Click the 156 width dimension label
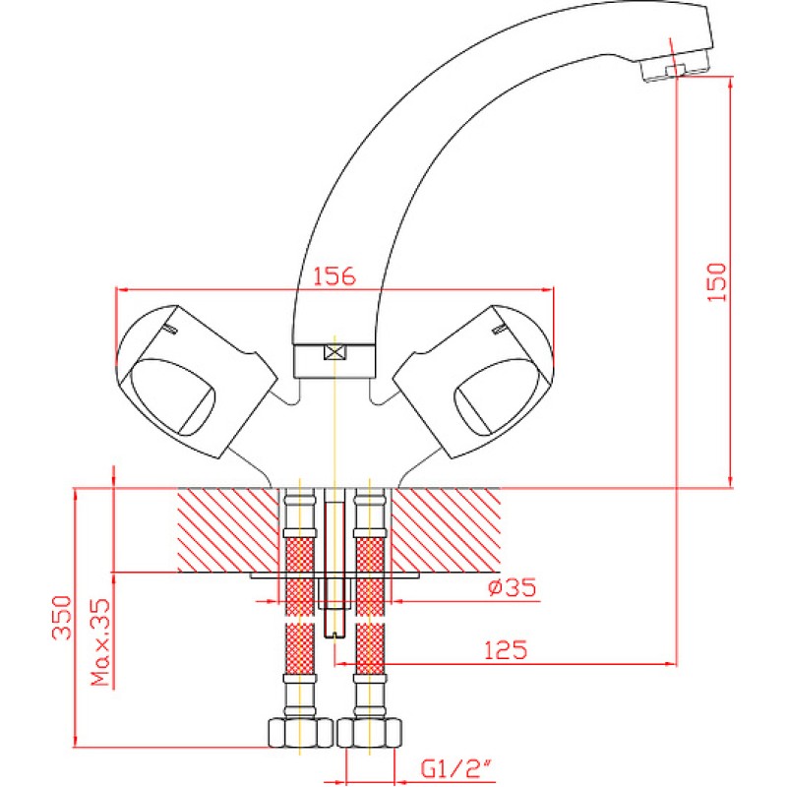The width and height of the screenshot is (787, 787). coord(333,276)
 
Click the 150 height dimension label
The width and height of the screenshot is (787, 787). coord(717,282)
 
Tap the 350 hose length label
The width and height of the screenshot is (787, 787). coord(63,618)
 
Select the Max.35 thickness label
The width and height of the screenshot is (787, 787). coord(100,642)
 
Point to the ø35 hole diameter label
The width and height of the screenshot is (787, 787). coord(512,586)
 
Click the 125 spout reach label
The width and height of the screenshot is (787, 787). coord(506,650)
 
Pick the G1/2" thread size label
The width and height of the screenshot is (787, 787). coord(454,768)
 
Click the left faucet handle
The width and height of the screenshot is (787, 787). coord(196,382)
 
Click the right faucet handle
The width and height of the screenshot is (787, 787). coord(473,382)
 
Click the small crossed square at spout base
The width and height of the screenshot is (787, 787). coord(334,353)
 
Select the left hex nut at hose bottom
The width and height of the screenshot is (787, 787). coord(300,733)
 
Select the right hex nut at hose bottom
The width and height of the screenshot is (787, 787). coord(370,733)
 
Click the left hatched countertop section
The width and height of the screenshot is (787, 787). coord(228,529)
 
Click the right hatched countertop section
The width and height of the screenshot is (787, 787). coord(446,529)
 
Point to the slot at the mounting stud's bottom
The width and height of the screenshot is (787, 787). coord(334,634)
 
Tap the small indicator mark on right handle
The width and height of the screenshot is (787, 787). coord(500,329)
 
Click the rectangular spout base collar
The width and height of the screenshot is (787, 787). coord(334,361)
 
